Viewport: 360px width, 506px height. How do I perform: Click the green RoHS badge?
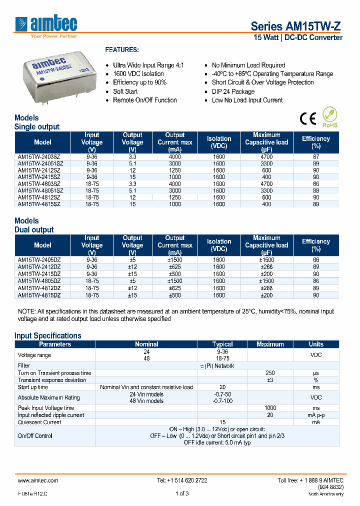pyautogui.click(x=329, y=117)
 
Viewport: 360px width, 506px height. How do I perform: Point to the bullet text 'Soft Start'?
pyautogui.click(x=125, y=91)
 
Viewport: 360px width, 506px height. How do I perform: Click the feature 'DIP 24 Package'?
pyautogui.click(x=233, y=91)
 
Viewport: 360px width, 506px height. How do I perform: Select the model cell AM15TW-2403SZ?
pyautogui.click(x=39, y=156)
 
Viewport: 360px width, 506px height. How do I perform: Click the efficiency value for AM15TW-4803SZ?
pyautogui.click(x=315, y=184)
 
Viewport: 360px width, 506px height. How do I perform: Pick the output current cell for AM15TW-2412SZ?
pyautogui.click(x=174, y=170)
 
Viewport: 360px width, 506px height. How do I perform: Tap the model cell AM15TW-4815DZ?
pyautogui.click(x=39, y=295)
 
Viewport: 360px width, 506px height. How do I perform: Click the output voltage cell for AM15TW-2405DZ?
pyautogui.click(x=132, y=260)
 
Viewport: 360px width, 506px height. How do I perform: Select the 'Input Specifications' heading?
pyautogui.click(x=47, y=335)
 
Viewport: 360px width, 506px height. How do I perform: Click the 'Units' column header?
pyautogui.click(x=315, y=344)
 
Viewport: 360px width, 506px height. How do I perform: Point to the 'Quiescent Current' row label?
pyautogui.click(x=39, y=422)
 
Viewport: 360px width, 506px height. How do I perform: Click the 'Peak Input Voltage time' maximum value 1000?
pyautogui.click(x=270, y=408)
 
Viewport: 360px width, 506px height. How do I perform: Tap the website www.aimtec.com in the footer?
pyautogui.click(x=38, y=480)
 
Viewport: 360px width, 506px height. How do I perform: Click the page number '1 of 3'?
pyautogui.click(x=182, y=493)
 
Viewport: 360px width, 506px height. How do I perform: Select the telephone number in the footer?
pyautogui.click(x=182, y=480)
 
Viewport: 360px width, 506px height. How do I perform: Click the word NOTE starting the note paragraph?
pyautogui.click(x=26, y=311)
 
